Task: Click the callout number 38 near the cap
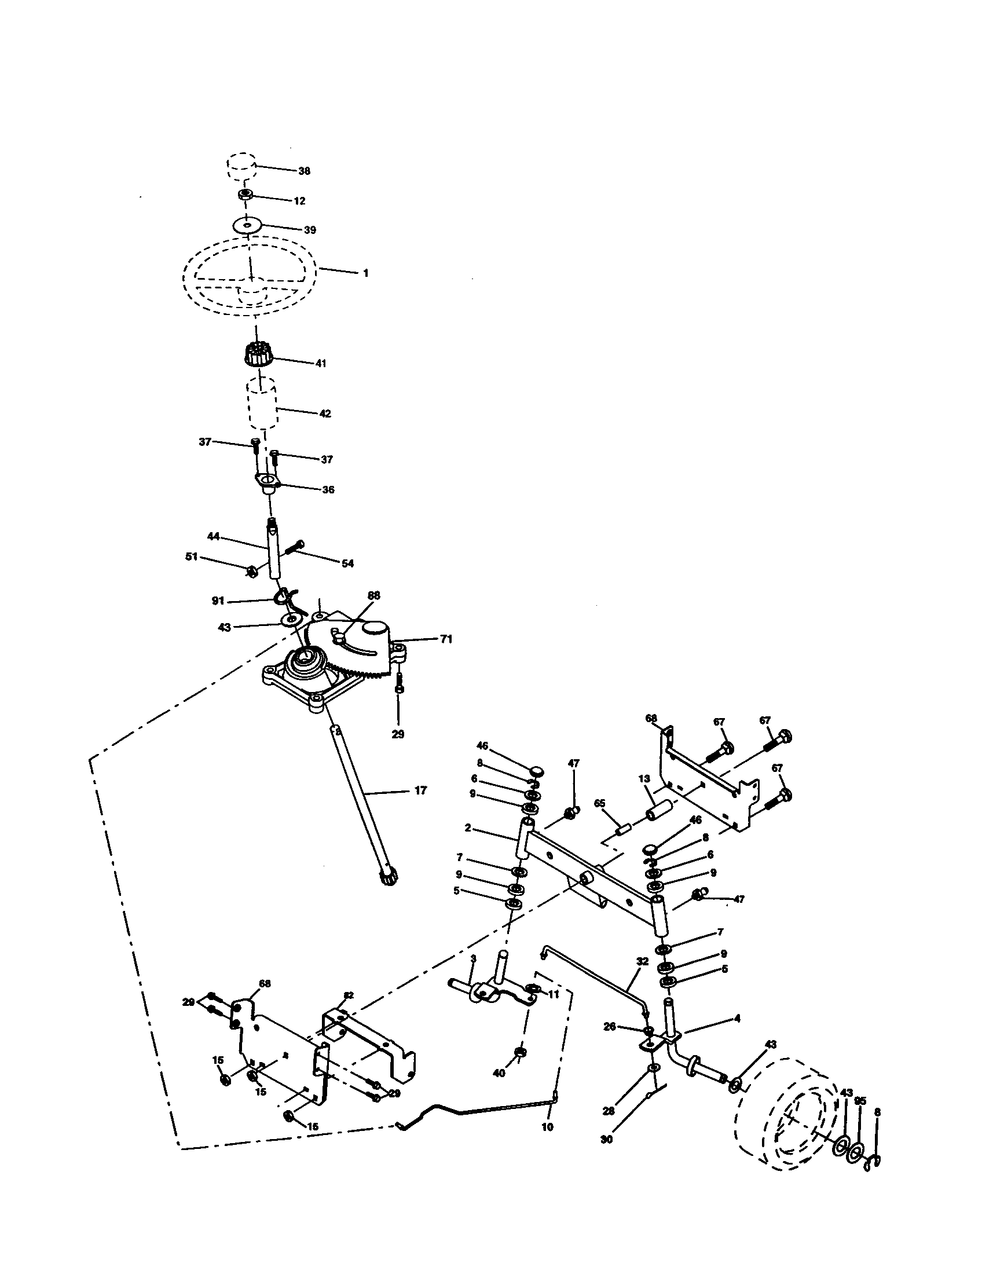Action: click(x=304, y=171)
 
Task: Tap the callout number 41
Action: click(x=321, y=363)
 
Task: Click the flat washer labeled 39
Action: click(x=248, y=225)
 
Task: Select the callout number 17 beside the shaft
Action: click(x=420, y=790)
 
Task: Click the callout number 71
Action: click(x=446, y=639)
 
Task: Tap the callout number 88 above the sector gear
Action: click(x=374, y=595)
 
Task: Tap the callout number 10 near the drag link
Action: click(x=547, y=1127)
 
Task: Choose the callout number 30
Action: click(x=606, y=1139)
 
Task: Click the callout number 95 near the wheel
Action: click(x=861, y=1101)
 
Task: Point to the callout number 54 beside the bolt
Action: click(x=347, y=563)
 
